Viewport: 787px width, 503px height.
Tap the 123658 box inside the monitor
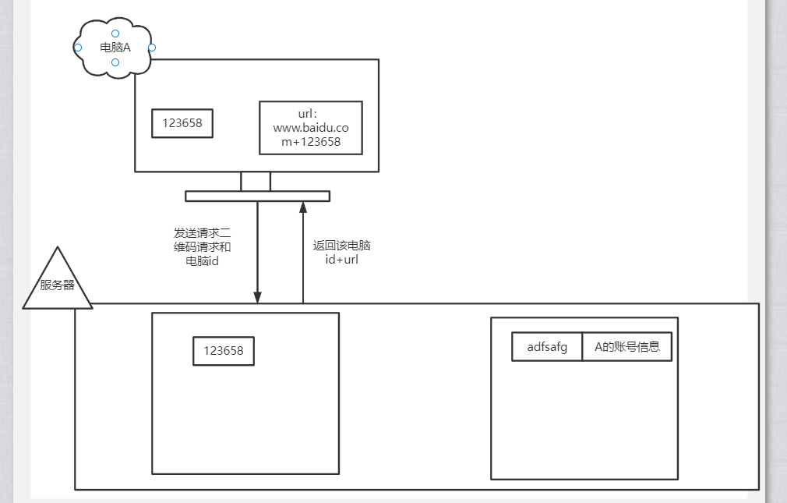182,123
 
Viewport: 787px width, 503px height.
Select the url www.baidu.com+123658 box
310,128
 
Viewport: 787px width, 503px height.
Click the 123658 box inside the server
224,351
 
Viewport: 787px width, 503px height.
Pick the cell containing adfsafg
547,347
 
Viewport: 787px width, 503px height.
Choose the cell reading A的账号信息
627,347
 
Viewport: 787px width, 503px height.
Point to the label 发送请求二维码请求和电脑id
203,246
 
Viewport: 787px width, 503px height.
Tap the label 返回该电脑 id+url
341,252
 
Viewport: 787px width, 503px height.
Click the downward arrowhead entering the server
257,297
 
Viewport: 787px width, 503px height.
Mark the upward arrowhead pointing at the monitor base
303,207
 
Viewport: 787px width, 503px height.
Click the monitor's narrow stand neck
256,181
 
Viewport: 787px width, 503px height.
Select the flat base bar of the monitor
257,196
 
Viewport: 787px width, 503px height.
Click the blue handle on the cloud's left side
78,48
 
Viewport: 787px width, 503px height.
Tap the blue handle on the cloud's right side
152,48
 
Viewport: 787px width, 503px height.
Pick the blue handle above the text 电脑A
115,33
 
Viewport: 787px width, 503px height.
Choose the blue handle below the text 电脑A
115,62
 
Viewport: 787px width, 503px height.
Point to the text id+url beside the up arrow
341,259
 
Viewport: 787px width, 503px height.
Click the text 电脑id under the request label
203,261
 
